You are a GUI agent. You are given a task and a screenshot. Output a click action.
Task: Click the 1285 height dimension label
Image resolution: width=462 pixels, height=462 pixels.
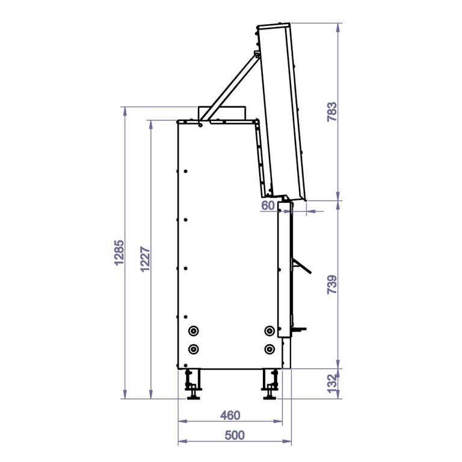click(x=119, y=253)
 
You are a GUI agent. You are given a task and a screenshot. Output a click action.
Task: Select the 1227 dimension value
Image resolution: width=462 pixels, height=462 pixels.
click(x=145, y=259)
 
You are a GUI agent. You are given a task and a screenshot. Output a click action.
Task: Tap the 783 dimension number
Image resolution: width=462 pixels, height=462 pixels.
click(x=332, y=112)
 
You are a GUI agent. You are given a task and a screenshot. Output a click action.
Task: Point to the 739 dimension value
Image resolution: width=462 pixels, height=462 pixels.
click(x=332, y=285)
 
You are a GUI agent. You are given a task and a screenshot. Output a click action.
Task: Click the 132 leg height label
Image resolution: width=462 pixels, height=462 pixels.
click(x=332, y=383)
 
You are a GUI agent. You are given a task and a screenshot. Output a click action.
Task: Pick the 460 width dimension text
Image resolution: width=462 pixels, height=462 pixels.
click(x=230, y=416)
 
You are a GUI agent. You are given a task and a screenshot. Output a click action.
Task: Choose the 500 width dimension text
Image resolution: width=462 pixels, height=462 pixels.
click(x=235, y=435)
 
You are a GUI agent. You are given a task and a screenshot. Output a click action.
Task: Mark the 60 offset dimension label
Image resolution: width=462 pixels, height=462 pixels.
click(x=268, y=206)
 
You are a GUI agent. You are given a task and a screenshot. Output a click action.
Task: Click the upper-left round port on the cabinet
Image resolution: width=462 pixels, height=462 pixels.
click(x=193, y=331)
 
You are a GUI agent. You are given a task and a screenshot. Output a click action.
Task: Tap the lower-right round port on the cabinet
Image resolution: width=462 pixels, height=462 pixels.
click(x=269, y=350)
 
